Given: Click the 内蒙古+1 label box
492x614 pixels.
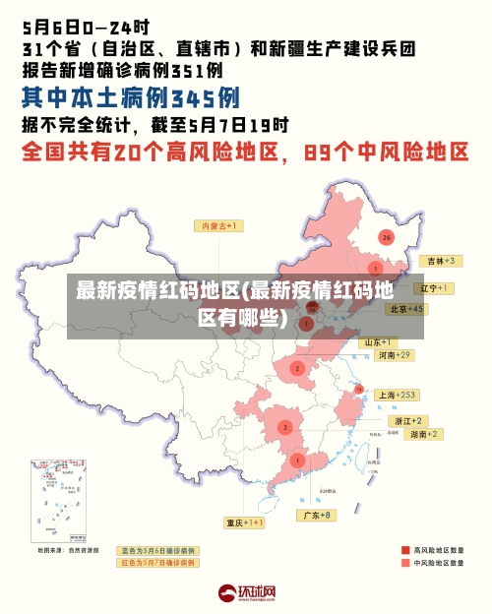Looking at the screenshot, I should pos(221,225).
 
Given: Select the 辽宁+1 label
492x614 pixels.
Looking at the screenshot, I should pos(434,288).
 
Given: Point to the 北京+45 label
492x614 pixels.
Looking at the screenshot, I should pos(406,309).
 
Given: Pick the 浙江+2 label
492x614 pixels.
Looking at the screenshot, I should pos(409,420).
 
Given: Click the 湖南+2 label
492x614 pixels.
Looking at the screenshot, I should pos(425,434).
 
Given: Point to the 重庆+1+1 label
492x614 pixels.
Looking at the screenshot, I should pos(244,522).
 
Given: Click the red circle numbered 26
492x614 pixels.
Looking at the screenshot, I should pos(387,237).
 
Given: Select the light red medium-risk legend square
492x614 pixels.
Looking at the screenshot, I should pos(405,564).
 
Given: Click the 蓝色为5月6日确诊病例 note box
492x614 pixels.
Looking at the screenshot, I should pos(157,551).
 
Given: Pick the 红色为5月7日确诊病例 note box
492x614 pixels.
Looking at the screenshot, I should pos(157,563).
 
